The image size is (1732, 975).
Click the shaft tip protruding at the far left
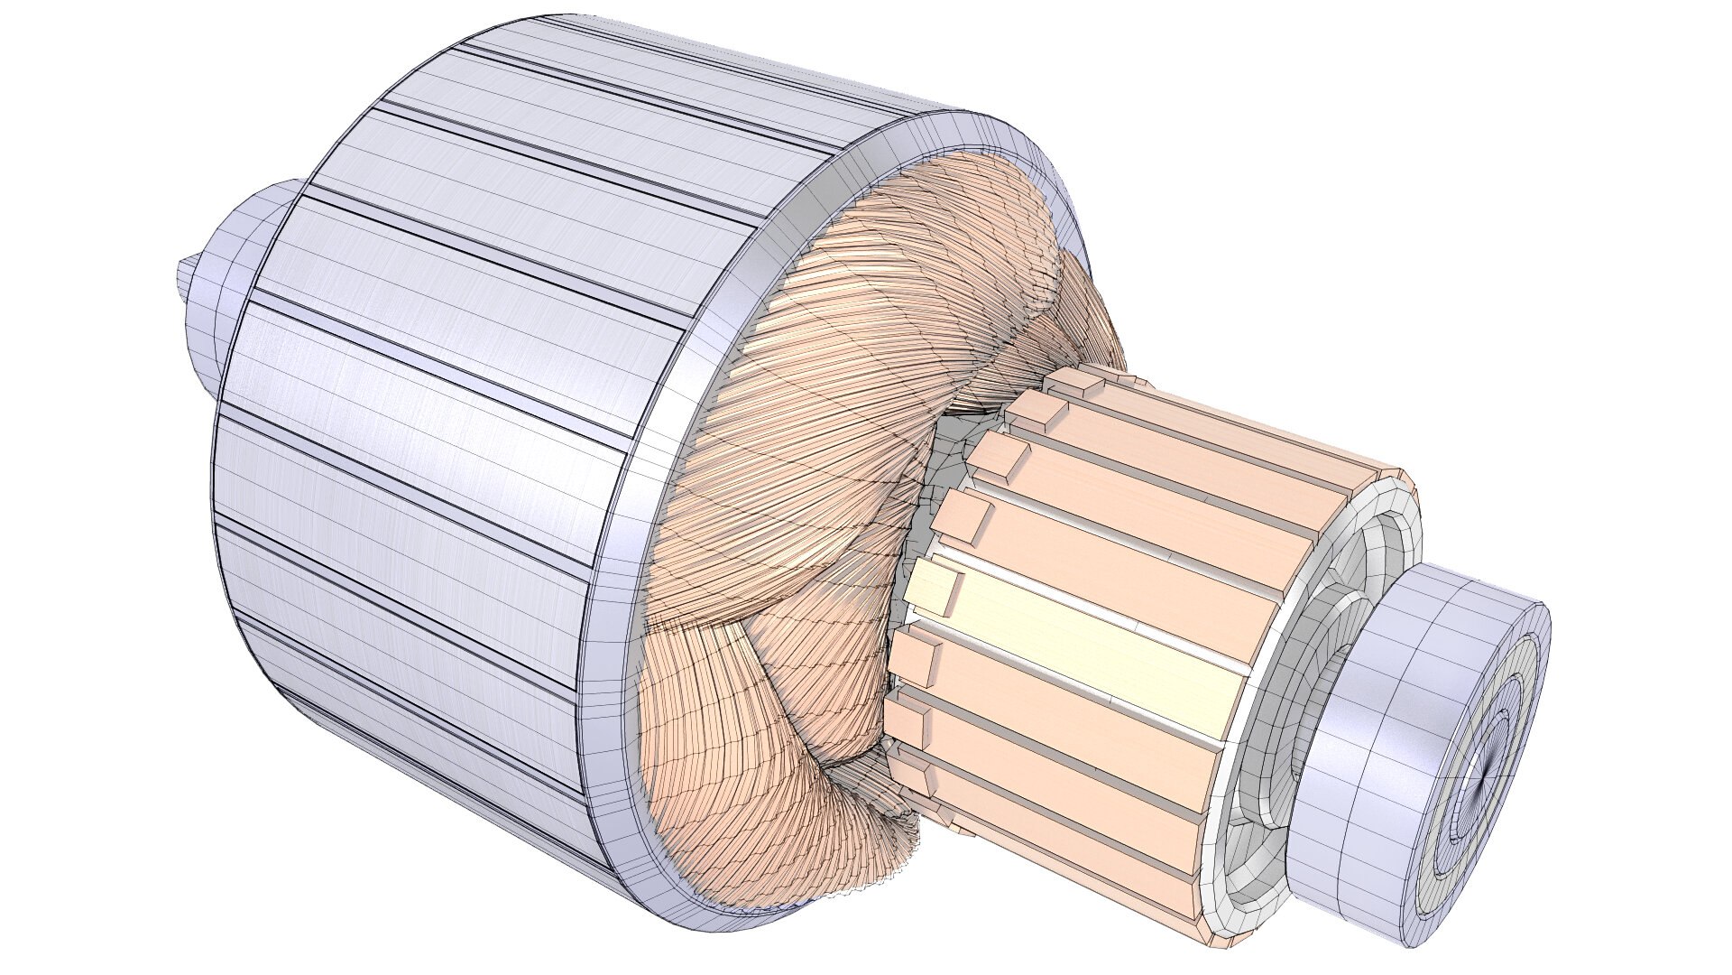185,275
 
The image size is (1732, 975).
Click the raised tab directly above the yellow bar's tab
966,520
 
